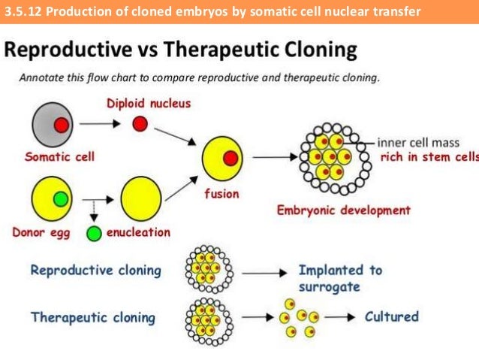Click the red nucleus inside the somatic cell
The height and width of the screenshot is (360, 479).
point(62,125)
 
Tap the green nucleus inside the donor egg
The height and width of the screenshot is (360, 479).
point(60,200)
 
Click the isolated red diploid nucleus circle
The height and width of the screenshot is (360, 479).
point(140,124)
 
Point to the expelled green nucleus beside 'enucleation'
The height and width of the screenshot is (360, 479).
point(95,233)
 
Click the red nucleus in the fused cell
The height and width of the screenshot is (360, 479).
point(230,158)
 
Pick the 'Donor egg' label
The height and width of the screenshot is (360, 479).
point(42,232)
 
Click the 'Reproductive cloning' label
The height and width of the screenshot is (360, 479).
point(96,270)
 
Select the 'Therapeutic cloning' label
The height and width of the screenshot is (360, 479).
point(93,316)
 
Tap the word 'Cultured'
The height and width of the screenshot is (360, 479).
point(391,316)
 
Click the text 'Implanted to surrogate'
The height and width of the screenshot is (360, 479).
point(339,278)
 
